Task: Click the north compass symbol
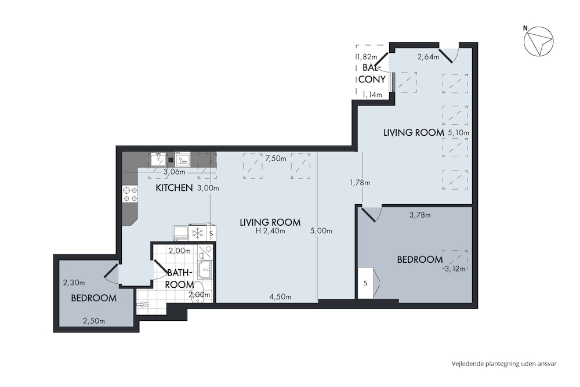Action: (539, 41)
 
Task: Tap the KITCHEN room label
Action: (174, 188)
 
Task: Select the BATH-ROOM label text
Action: (180, 279)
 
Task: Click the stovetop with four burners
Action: (130, 194)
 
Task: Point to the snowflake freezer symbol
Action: (198, 233)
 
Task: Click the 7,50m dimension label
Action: (275, 158)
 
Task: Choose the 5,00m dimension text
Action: (321, 231)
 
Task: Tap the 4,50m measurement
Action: (280, 296)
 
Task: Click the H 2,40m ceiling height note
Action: (270, 232)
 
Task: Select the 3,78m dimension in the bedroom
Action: (420, 215)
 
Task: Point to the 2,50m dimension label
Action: (94, 321)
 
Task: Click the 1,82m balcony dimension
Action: (367, 57)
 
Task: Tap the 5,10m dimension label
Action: (458, 132)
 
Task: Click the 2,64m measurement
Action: (429, 57)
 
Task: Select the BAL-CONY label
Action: (372, 74)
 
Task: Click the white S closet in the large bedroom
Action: (365, 283)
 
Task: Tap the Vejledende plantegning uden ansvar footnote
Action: (504, 364)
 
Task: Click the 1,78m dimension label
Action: (360, 182)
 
